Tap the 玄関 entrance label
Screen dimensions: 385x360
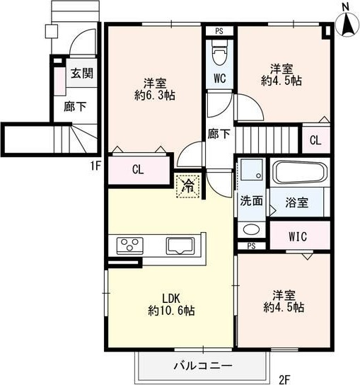pyautogui.click(x=79, y=73)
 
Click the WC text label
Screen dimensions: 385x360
pyautogui.click(x=219, y=79)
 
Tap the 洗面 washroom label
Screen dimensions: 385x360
pyautogui.click(x=251, y=200)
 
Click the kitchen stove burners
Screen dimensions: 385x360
pyautogui.click(x=130, y=246)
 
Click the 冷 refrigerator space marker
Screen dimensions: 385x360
pyautogui.click(x=189, y=186)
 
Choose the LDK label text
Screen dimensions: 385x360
pyautogui.click(x=172, y=297)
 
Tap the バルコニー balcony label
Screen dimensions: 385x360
pyautogui.click(x=203, y=366)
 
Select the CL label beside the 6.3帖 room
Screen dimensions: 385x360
pyautogui.click(x=139, y=170)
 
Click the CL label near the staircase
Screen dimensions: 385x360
pyautogui.click(x=315, y=139)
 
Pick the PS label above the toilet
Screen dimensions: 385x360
pyautogui.click(x=219, y=31)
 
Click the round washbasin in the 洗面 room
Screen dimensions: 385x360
pyautogui.click(x=249, y=229)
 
